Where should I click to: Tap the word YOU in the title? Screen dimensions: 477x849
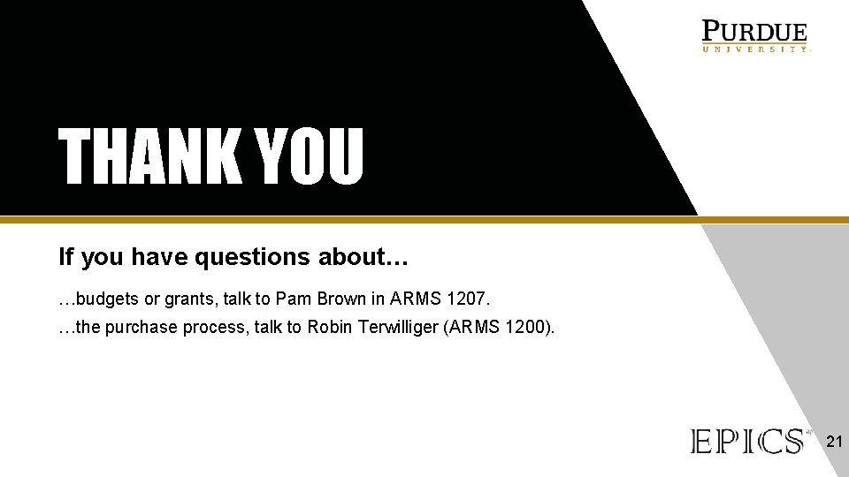pyautogui.click(x=310, y=156)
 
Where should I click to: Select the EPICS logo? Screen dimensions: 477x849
pyautogui.click(x=748, y=441)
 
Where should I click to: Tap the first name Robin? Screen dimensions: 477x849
pyautogui.click(x=330, y=327)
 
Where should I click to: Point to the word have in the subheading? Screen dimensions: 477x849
pyautogui.click(x=159, y=257)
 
